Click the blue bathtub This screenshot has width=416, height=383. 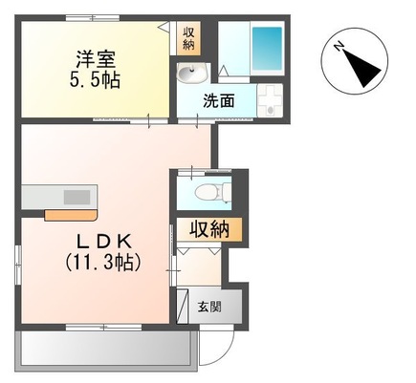[267, 45]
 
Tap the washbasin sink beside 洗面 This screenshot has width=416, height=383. [190, 75]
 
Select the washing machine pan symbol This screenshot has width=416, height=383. [273, 101]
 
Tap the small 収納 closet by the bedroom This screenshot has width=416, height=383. [188, 37]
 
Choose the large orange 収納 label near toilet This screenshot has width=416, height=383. [208, 229]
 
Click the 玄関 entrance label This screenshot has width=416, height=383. [209, 308]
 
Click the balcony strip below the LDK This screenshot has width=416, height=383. [105, 351]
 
